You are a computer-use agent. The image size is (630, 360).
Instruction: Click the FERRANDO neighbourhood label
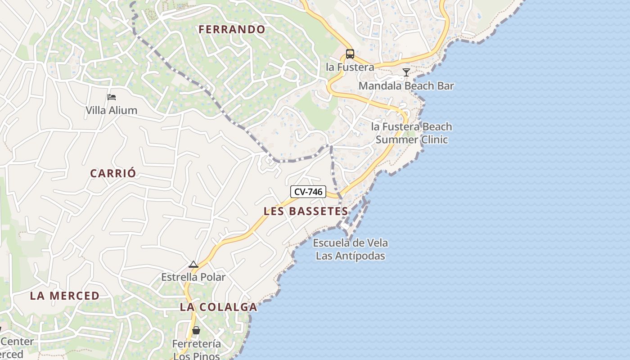(x=232, y=30)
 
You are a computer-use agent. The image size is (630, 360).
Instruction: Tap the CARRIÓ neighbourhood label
(x=113, y=174)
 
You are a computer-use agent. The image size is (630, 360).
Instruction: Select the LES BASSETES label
(x=306, y=211)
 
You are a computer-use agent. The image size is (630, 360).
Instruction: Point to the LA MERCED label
(x=65, y=296)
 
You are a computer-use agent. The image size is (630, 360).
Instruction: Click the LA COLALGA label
(x=219, y=307)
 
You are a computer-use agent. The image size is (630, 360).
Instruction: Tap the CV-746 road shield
(x=308, y=192)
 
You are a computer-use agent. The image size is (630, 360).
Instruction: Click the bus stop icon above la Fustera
(x=350, y=54)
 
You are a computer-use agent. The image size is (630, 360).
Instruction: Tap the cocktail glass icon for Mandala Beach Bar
(x=406, y=72)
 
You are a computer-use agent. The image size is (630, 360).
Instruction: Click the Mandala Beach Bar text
(x=406, y=86)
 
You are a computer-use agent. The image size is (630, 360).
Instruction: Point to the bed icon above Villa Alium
(x=112, y=97)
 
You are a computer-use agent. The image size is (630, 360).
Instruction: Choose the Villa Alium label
(x=112, y=110)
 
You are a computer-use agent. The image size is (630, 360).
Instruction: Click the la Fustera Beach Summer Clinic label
(x=412, y=133)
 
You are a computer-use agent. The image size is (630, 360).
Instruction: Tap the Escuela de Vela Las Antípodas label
(x=351, y=250)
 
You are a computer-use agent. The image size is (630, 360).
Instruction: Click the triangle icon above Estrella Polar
(x=193, y=264)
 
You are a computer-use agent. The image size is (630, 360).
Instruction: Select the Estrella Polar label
(x=193, y=277)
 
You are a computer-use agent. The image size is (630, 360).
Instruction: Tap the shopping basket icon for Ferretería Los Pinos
(x=196, y=331)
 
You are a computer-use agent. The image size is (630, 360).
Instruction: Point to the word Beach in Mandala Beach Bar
(x=419, y=86)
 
